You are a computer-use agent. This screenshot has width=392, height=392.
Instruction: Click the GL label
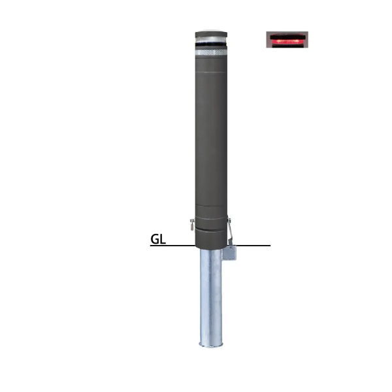pos(158,239)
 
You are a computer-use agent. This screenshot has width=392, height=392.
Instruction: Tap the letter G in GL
pos(155,239)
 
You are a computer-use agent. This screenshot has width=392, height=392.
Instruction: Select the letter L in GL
pos(163,239)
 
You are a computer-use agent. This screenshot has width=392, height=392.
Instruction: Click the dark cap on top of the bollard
pos(211,34)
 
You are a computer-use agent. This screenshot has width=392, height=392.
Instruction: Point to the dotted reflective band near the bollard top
pos(211,52)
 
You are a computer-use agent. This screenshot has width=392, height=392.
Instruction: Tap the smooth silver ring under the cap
pos(211,40)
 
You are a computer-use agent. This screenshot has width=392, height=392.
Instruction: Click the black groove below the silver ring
pos(211,44)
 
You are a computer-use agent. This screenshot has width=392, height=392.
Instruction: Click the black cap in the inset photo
pos(287,37)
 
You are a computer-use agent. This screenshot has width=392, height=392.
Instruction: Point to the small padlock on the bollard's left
pos(192,224)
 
